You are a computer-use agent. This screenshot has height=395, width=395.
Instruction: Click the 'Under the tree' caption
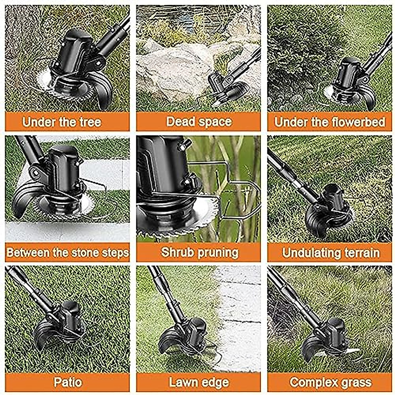click(62, 122)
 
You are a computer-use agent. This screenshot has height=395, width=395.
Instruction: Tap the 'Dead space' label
click(199, 121)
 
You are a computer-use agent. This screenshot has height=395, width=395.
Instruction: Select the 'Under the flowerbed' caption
click(329, 122)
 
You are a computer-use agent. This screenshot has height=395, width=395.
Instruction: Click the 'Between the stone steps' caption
click(67, 252)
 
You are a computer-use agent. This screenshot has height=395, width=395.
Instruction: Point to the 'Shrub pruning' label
click(199, 252)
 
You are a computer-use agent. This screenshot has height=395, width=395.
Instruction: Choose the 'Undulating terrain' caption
click(331, 252)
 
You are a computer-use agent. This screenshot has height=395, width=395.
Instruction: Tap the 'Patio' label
click(67, 382)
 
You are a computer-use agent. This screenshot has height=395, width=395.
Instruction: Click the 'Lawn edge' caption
click(199, 382)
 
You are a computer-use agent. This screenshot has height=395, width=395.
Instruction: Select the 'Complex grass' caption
click(330, 382)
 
